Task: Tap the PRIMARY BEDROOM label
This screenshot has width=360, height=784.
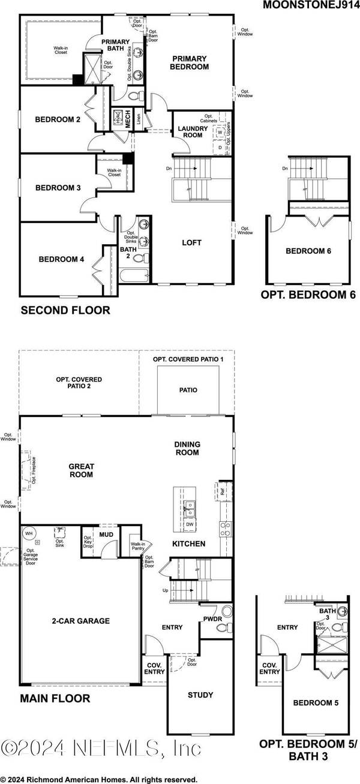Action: [190, 63]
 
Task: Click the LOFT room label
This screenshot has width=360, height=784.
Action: [191, 243]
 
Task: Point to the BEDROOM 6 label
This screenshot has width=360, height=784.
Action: [308, 251]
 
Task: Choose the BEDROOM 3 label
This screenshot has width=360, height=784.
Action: [58, 188]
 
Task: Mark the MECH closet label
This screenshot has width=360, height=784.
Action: [128, 119]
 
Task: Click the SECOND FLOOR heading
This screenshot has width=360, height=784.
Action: [65, 310]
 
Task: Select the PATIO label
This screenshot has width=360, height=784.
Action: [188, 390]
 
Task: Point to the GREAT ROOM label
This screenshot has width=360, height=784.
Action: [81, 470]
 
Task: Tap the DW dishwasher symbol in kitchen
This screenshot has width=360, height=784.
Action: [188, 524]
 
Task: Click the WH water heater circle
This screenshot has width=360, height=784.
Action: [29, 533]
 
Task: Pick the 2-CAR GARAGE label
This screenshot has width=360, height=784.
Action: [81, 621]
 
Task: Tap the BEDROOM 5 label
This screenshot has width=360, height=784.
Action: [312, 702]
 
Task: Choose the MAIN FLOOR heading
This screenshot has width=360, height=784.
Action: [55, 698]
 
